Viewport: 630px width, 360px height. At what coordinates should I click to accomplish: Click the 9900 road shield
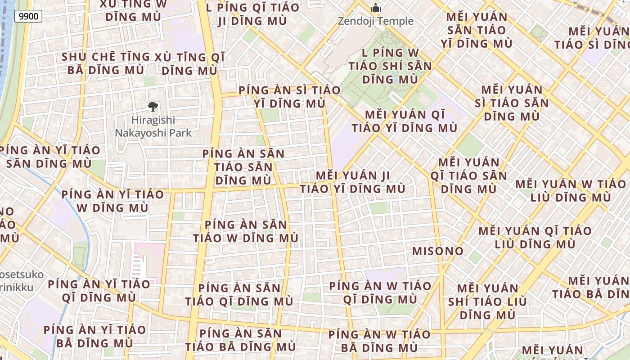(x=28, y=17)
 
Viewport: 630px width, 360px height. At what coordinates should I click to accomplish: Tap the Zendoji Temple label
(x=375, y=21)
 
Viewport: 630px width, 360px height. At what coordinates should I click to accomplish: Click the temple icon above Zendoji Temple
(x=375, y=8)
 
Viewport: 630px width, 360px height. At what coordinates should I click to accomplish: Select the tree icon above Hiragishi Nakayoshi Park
(x=153, y=107)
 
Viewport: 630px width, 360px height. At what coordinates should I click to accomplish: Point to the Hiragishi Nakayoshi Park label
(x=153, y=126)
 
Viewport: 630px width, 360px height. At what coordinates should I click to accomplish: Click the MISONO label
(x=438, y=251)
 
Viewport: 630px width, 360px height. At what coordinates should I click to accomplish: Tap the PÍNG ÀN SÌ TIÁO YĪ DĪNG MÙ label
(x=289, y=97)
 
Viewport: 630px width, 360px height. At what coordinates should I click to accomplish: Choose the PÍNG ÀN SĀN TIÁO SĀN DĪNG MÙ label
(x=243, y=167)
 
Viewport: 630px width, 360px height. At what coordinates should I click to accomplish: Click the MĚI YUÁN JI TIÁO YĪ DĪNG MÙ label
(x=353, y=182)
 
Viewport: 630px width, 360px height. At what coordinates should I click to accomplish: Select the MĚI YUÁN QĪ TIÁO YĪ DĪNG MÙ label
(x=405, y=121)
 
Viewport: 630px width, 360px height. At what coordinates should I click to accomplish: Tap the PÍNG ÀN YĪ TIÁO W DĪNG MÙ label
(x=112, y=201)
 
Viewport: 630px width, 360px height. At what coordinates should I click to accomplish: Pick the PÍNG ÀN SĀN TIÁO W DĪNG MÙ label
(x=246, y=231)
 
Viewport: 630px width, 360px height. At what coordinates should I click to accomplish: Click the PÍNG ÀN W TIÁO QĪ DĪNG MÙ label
(x=380, y=292)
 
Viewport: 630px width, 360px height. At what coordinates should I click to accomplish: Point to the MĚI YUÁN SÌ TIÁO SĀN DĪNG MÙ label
(x=512, y=103)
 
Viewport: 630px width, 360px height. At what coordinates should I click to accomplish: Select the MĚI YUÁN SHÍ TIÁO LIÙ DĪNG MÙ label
(x=488, y=301)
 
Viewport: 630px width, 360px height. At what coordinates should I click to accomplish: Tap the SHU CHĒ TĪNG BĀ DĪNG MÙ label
(x=106, y=63)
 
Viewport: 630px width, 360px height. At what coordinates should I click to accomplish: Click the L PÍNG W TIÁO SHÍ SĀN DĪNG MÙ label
(x=390, y=66)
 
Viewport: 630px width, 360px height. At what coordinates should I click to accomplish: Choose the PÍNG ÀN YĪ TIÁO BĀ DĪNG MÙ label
(x=94, y=336)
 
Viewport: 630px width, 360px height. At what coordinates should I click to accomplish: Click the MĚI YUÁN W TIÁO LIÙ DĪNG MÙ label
(x=571, y=191)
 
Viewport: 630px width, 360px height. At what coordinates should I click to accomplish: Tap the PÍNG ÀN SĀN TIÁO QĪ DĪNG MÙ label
(x=239, y=295)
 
